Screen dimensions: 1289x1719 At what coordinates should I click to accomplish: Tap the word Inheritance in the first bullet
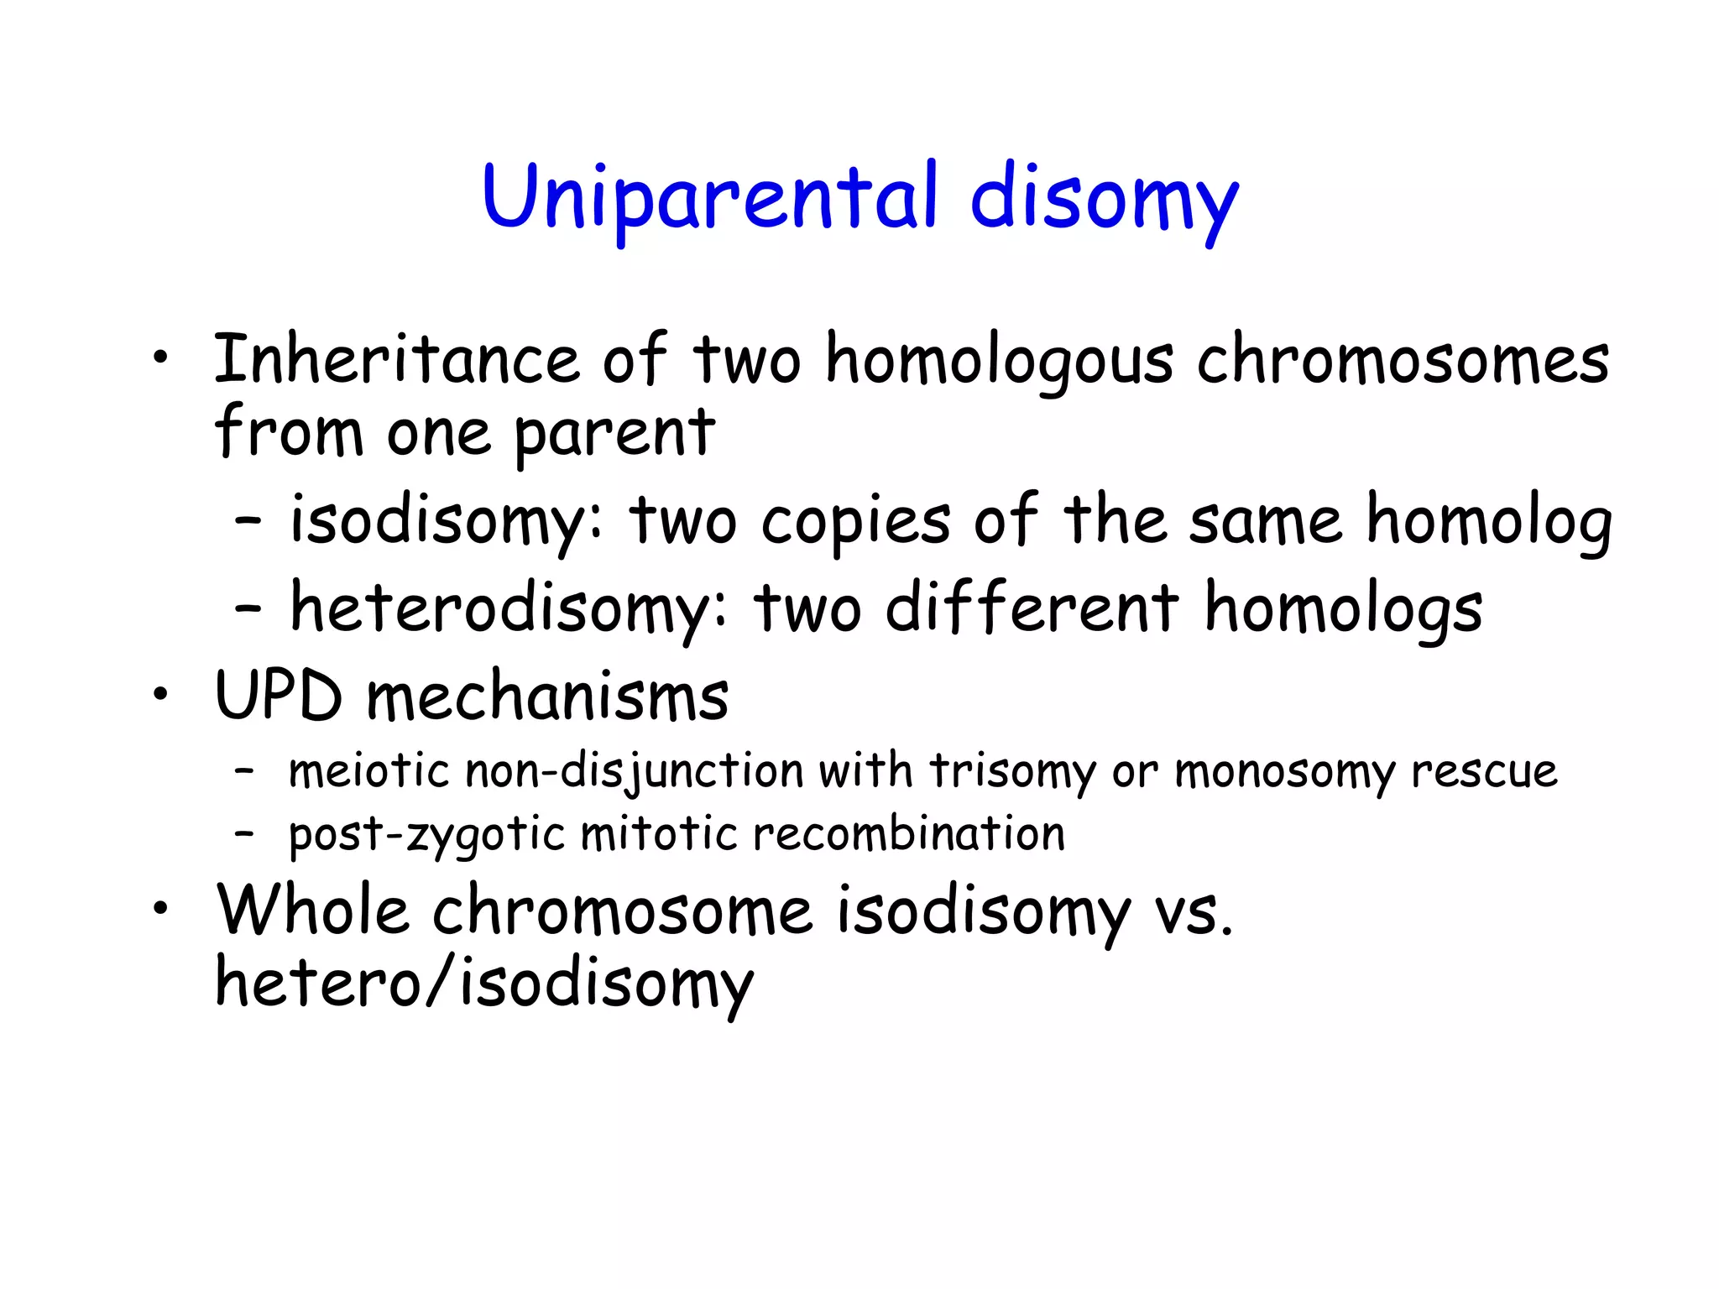(396, 359)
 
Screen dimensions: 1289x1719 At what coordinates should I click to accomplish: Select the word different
(1032, 608)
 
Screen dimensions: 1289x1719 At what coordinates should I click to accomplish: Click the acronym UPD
(279, 697)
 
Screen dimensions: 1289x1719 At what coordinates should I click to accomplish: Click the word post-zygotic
(426, 836)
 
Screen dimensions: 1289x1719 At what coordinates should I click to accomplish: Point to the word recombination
(908, 834)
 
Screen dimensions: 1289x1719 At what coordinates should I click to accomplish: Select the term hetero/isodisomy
(484, 984)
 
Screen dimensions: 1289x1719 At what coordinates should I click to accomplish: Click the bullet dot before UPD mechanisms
(160, 696)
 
